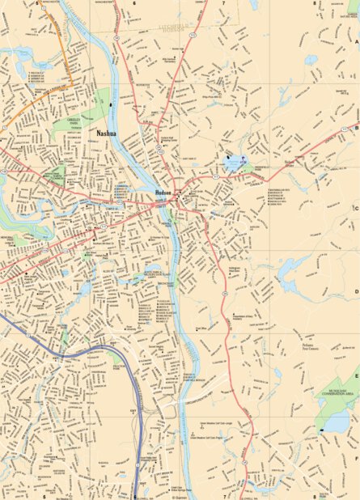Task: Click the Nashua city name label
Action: pyautogui.click(x=106, y=131)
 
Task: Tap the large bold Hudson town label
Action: pyautogui.click(x=164, y=192)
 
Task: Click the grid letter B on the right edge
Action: pyautogui.click(x=356, y=127)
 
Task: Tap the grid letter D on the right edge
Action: pyautogui.click(x=356, y=292)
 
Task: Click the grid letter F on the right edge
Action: pyautogui.click(x=356, y=456)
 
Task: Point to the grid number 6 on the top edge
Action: pyautogui.click(x=134, y=3)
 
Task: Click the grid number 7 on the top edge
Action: pyautogui.click(x=223, y=3)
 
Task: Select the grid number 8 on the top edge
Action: pyautogui.click(x=314, y=3)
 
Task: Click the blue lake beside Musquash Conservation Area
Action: pyautogui.click(x=337, y=422)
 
